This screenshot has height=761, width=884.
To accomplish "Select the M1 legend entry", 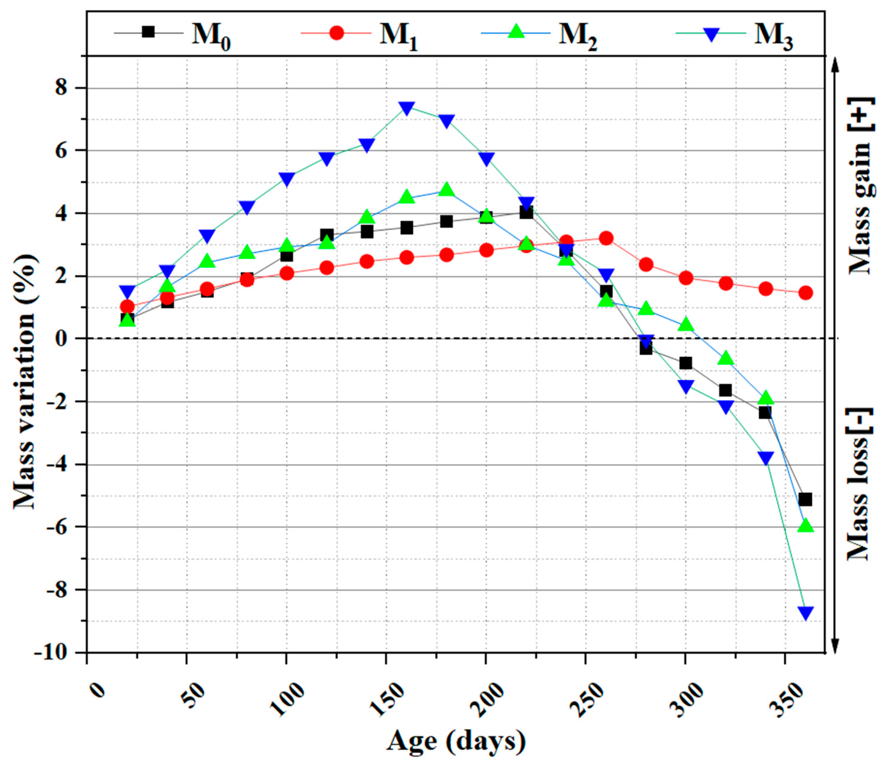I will click(358, 33).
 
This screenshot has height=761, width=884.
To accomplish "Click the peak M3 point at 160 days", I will click(407, 108).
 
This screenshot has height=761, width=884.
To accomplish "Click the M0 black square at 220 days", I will click(526, 212).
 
